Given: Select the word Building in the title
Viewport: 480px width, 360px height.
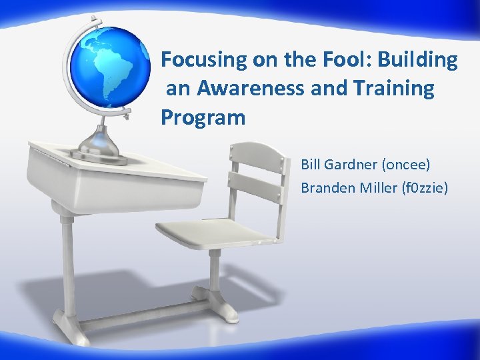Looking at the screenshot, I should [418, 61].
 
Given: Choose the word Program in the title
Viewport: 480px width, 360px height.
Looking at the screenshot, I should [203, 118].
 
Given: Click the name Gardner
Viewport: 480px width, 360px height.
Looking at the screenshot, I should [354, 164].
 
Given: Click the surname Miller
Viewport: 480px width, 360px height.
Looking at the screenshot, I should [380, 189].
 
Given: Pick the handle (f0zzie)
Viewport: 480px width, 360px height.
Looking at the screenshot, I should [426, 189].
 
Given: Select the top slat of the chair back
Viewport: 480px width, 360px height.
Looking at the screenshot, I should [260, 157].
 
